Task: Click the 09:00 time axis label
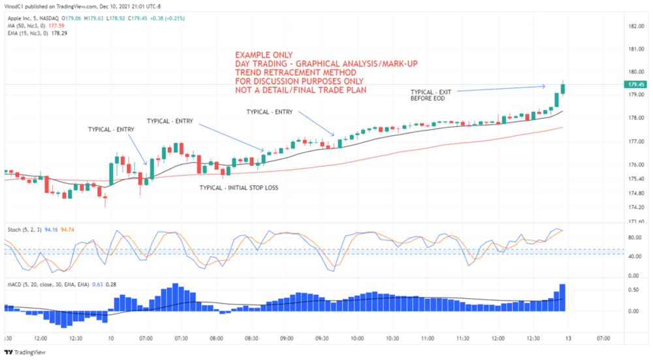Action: tap(287, 338)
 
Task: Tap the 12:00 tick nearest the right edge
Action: tap(498, 338)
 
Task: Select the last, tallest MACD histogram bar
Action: tap(562, 297)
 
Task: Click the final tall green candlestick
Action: tap(563, 88)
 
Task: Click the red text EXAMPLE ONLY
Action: tap(264, 54)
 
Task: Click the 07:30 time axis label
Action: tap(181, 338)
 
